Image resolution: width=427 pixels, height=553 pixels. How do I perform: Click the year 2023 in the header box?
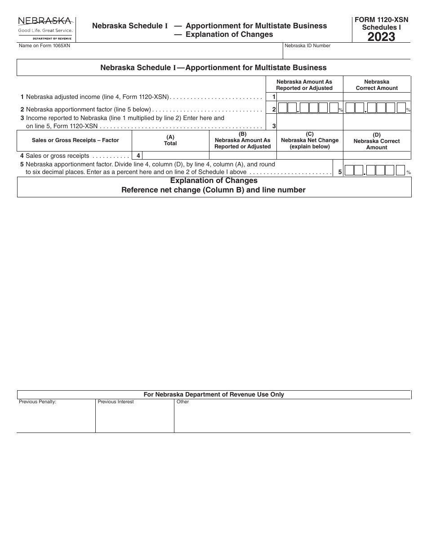pos(381,37)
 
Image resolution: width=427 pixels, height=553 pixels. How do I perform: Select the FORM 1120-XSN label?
pos(381,20)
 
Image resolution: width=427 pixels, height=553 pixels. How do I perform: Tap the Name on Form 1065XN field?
pos(148,53)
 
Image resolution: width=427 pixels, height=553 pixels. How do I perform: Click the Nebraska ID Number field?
pos(346,53)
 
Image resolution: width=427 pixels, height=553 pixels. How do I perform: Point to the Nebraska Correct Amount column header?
pos(377,85)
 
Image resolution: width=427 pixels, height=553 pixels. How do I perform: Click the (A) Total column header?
pos(170,140)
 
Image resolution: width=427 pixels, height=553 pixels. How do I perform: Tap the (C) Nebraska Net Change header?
pos(310,140)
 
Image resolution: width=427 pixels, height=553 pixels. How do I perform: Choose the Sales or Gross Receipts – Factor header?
pos(75,140)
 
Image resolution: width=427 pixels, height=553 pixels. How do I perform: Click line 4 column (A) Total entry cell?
pos(176,156)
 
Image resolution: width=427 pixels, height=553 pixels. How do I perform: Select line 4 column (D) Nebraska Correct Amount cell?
pos(377,156)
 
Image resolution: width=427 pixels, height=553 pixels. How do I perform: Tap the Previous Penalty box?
pos(56,417)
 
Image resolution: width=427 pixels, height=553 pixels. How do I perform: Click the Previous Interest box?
pos(134,417)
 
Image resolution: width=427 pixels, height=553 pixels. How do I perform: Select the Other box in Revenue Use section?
pos(292,417)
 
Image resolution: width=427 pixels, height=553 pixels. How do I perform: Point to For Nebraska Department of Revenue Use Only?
pos(213,394)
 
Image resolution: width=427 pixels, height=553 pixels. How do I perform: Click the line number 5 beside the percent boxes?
pos(340,172)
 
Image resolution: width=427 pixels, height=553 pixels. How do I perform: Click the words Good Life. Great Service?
pos(45,31)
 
